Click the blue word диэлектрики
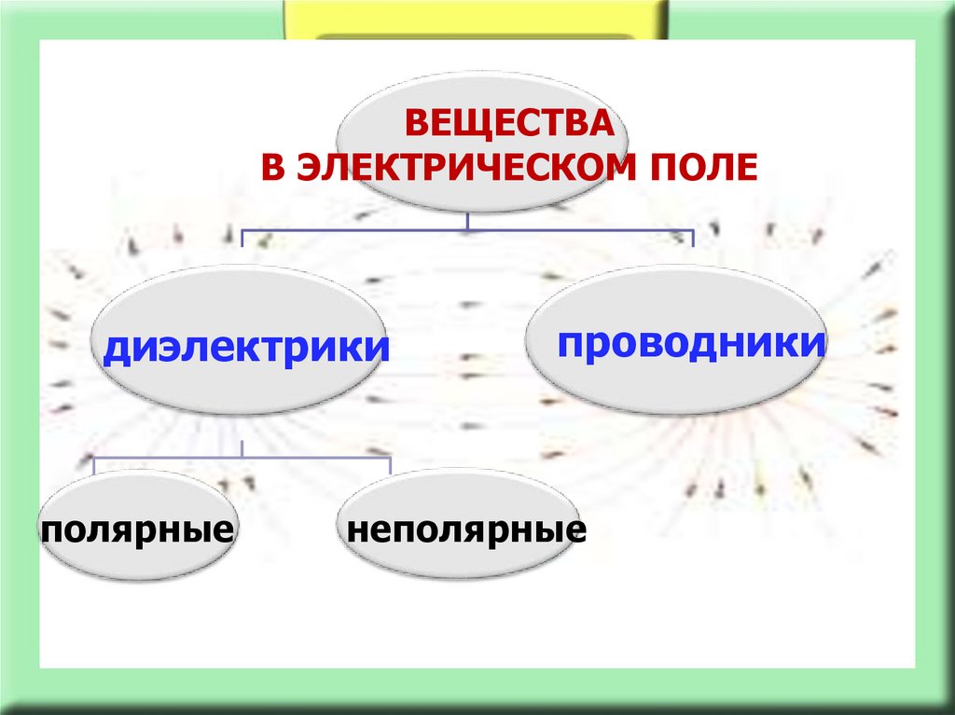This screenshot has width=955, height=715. (245, 349)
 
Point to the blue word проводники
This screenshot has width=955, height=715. (691, 343)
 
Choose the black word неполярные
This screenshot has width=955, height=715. (465, 531)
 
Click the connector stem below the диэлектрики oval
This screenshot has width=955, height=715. (242, 448)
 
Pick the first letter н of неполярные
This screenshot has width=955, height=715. (356, 532)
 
